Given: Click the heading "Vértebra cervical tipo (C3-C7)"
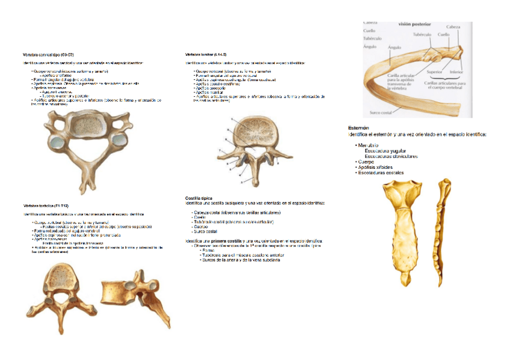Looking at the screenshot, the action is click(x=49, y=54).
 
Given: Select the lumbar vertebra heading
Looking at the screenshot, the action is click(x=206, y=54).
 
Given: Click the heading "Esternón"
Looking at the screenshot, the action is click(x=358, y=127).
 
